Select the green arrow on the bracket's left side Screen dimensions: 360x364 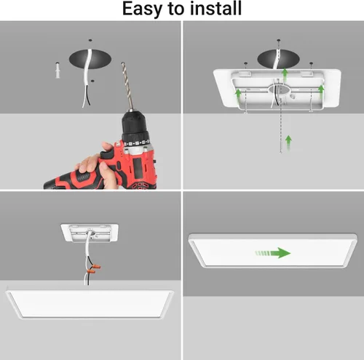click(x=237, y=94)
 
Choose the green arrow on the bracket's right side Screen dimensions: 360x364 click(x=320, y=88)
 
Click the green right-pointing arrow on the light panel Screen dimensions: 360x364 click(x=272, y=253)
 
